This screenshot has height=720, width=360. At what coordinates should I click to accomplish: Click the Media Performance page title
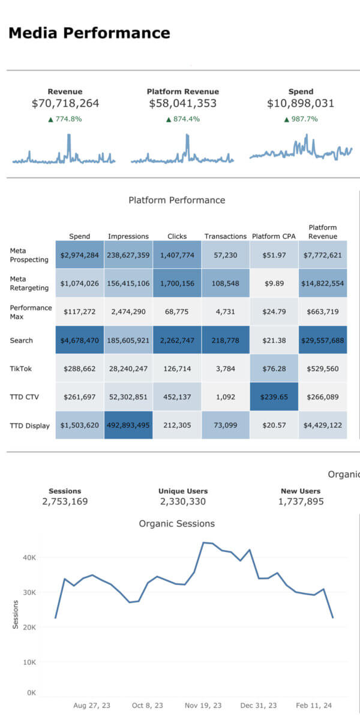89,33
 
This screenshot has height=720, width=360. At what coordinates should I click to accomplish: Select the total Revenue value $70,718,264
65,104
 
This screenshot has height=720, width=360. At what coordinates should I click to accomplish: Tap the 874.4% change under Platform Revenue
182,119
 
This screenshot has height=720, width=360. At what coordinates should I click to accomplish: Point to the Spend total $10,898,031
301,104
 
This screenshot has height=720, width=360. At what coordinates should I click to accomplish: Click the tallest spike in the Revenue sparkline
69,136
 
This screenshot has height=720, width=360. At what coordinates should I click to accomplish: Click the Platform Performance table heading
177,200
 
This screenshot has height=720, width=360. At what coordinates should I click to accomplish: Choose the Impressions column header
128,236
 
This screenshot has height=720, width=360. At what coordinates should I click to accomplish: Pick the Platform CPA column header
274,236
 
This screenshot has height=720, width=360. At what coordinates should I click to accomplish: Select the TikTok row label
21,368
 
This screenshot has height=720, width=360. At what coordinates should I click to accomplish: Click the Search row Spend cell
80,340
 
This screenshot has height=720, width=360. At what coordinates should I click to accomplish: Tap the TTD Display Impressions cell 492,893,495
128,425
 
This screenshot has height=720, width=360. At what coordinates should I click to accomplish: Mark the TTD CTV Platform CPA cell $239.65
274,397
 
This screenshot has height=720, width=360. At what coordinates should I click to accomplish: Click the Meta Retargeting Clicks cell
177,283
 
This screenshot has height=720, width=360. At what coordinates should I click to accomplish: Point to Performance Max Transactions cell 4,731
226,312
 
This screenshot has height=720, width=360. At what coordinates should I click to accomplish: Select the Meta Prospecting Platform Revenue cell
323,255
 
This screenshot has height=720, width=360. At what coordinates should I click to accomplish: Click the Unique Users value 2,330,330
183,501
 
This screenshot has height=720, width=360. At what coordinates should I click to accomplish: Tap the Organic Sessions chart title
177,524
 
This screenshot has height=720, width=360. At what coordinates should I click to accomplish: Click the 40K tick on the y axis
29,557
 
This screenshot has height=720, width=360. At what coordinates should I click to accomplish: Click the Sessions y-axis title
15,616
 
